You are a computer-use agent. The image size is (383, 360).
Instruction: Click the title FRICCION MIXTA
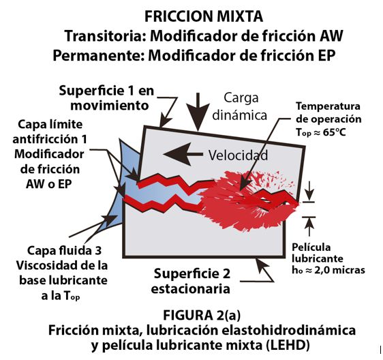[204, 16]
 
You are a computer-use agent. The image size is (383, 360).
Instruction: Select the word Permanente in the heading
[99, 55]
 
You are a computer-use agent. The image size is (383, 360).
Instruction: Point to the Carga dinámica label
[240, 106]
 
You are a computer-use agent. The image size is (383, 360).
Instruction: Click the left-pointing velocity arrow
[183, 154]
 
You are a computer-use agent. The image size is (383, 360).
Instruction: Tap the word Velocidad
[238, 155]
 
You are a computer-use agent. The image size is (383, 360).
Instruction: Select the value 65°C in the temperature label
[335, 132]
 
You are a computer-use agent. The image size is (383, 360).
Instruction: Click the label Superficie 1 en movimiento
[106, 98]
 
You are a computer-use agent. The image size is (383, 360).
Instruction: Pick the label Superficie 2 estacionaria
[191, 281]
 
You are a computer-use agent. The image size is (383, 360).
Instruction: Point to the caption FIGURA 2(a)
[202, 315]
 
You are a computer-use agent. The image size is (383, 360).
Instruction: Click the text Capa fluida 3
[64, 250]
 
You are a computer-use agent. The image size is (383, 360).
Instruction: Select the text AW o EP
[49, 184]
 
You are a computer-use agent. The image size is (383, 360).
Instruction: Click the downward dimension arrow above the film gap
[309, 191]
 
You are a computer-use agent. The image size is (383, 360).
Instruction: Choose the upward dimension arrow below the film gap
[309, 227]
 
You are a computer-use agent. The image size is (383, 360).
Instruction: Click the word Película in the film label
[311, 247]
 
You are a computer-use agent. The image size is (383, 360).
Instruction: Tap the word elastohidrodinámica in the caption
[289, 330]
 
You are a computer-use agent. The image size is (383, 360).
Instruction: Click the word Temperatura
[328, 106]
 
